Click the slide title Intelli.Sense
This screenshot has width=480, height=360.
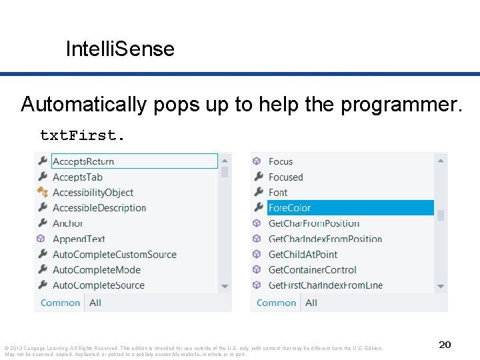(120, 49)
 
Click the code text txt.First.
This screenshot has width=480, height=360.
(81, 135)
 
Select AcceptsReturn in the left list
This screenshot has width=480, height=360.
(83, 161)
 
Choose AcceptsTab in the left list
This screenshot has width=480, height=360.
(77, 177)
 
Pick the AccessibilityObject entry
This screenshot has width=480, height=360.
(93, 193)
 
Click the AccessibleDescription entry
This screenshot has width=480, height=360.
(99, 208)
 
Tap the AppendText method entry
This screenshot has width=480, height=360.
(79, 239)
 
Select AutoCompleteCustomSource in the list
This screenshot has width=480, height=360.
(114, 254)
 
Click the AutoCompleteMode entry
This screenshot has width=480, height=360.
(96, 269)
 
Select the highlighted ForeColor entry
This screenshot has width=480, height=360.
(290, 208)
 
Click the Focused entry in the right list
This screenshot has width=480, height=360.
(285, 177)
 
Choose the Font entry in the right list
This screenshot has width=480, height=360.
(278, 193)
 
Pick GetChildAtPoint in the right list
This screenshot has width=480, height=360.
(303, 254)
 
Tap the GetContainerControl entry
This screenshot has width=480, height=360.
(312, 269)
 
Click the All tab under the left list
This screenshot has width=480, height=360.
(95, 303)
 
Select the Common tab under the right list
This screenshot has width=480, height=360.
(276, 303)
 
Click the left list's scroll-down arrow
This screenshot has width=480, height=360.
(225, 286)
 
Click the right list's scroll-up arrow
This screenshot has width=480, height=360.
(441, 160)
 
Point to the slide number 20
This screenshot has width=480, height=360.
(445, 345)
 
